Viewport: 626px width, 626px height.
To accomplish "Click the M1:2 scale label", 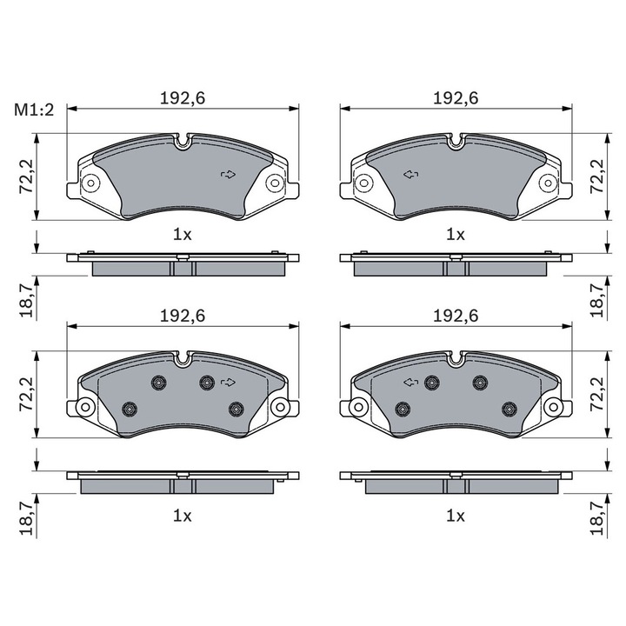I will pos(34,110).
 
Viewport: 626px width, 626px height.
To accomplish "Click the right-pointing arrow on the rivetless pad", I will pos(229,175).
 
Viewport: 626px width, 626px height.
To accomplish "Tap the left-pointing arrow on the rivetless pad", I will pos(410,175).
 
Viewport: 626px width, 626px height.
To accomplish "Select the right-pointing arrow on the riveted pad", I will pos(229,382).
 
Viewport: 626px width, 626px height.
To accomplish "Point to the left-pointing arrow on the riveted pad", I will pos(410,382).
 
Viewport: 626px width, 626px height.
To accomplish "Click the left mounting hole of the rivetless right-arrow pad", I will pos(89,183).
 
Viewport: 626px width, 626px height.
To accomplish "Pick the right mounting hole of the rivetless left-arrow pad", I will pos(547,183).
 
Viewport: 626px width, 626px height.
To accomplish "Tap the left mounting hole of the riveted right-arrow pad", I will pos(86,408).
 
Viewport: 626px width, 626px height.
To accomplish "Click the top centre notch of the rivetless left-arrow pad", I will pos(456,139).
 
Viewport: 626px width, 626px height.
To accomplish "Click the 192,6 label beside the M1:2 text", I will pos(182,98).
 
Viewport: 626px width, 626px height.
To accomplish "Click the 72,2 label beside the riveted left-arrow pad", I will pos(597,395).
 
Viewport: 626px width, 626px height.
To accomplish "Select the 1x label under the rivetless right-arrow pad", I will pos(182,234).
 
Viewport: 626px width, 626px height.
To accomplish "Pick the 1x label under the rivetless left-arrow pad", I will pos(456,234).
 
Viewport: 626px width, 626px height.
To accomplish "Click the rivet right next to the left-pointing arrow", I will pos(430,382).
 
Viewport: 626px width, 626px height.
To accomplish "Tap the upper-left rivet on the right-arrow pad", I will pos(157,383).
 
